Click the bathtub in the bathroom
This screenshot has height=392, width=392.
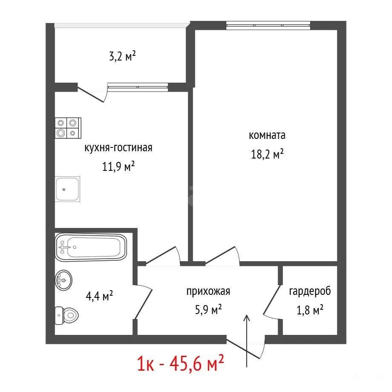(91, 247)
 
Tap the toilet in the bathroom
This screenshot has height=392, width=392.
(66, 315)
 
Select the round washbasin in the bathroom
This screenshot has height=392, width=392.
(63, 280)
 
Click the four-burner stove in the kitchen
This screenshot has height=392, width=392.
(68, 128)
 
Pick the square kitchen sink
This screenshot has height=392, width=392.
(67, 189)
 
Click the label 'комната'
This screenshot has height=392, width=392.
(267, 135)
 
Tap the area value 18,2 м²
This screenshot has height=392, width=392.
(267, 154)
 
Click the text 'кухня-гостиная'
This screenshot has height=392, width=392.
(118, 148)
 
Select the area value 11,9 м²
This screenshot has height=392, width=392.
(118, 166)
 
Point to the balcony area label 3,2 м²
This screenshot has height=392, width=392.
(123, 56)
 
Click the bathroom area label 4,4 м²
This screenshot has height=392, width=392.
(99, 296)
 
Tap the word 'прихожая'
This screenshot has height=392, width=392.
(208, 291)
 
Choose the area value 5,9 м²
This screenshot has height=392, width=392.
(208, 310)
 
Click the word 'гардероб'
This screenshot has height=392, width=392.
(310, 291)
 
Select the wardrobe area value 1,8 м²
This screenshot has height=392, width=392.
(310, 310)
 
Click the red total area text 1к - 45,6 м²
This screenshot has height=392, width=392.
(181, 364)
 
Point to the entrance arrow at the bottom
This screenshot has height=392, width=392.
(247, 341)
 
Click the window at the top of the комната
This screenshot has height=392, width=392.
(268, 26)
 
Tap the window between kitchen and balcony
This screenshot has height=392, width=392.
(138, 86)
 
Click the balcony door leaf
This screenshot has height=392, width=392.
(90, 94)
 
